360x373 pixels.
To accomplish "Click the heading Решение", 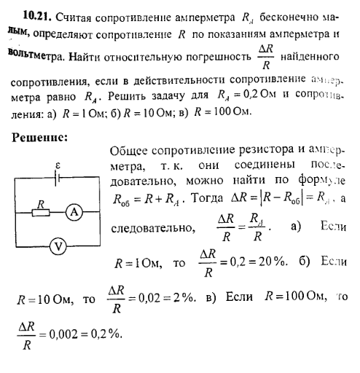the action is (x=41, y=137).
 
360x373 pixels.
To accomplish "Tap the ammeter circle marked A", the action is (x=72, y=211).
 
